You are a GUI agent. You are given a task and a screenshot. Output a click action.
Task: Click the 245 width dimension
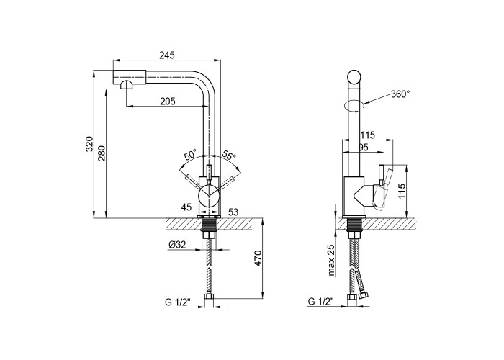[167, 55]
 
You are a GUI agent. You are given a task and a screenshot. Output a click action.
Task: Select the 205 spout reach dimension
[168, 102]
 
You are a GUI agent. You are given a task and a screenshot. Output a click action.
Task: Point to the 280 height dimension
[102, 153]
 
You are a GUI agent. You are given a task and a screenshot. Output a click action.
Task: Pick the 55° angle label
[229, 156]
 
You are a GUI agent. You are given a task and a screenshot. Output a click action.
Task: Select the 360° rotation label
[400, 94]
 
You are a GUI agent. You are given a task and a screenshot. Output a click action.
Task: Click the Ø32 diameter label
[177, 245]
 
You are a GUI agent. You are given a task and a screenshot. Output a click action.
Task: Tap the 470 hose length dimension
[258, 258]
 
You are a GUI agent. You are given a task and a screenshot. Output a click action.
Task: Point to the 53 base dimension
[233, 212]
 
